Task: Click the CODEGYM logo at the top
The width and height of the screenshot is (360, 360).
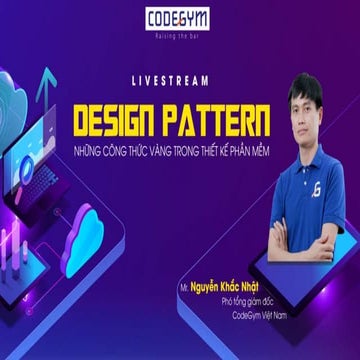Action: [179, 17]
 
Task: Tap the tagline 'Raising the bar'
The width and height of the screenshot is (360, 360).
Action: [179, 33]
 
